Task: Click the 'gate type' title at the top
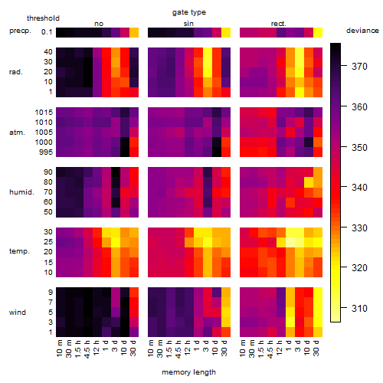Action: click(x=189, y=12)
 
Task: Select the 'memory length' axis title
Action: click(x=188, y=372)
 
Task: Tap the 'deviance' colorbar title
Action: click(x=362, y=31)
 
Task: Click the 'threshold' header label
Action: click(x=43, y=18)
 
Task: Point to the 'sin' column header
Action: click(x=188, y=24)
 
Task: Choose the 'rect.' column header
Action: click(x=278, y=24)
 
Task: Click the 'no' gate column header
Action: click(x=99, y=24)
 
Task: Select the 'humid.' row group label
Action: click(x=21, y=192)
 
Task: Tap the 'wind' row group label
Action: click(x=18, y=313)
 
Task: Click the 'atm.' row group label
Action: click(x=17, y=133)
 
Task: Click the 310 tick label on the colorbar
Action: click(x=359, y=309)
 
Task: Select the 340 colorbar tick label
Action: click(x=359, y=188)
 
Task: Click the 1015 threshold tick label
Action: click(x=44, y=113)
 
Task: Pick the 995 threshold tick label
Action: click(x=46, y=152)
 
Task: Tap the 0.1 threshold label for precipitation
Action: click(x=47, y=32)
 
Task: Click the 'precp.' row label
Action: click(x=20, y=31)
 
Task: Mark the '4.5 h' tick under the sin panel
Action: click(x=178, y=349)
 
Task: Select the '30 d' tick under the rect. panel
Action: click(x=316, y=348)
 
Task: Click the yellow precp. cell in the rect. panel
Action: click(x=318, y=32)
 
